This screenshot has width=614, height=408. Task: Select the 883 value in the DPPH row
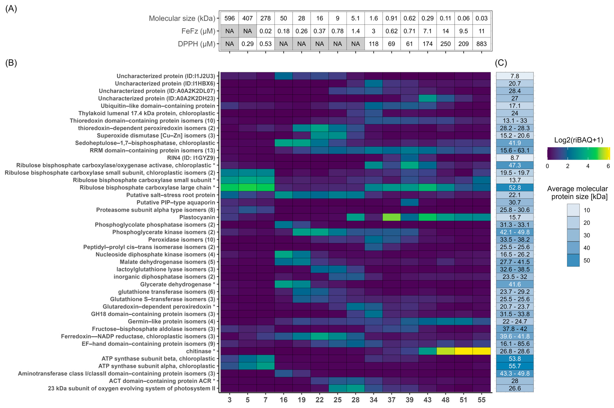tap(481, 44)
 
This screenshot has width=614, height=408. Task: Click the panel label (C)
tap(501, 63)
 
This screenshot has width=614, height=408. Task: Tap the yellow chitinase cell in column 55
tap(481, 351)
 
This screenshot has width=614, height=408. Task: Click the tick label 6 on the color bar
tap(608, 166)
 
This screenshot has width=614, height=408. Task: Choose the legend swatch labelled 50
tap(573, 260)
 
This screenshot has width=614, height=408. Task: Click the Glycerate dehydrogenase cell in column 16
tap(283, 284)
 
